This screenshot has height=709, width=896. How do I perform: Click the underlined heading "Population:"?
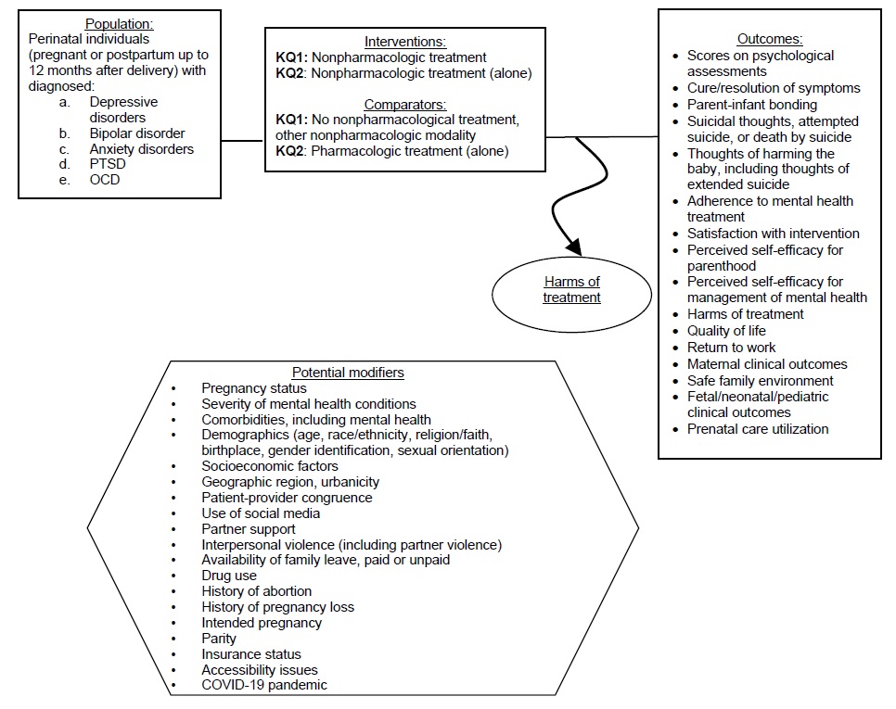(x=119, y=24)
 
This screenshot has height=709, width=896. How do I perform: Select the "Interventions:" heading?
(x=404, y=42)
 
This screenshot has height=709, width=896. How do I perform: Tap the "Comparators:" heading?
(x=404, y=105)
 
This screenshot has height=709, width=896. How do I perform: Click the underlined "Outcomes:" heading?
(x=769, y=39)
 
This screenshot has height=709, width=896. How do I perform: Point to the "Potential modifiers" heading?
(x=348, y=373)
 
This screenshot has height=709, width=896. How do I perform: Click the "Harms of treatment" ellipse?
(x=571, y=290)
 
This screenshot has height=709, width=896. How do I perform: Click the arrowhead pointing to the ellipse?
(x=574, y=247)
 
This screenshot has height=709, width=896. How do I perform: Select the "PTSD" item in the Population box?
(x=108, y=164)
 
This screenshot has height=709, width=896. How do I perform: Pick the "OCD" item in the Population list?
(x=105, y=180)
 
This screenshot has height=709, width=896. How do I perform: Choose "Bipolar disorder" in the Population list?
(x=136, y=133)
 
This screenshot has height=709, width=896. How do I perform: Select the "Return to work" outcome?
(x=731, y=348)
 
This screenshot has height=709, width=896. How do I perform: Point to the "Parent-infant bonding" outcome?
(x=751, y=105)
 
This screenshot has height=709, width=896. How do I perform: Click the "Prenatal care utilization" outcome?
(x=757, y=429)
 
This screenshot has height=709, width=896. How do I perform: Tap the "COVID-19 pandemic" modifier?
(x=263, y=685)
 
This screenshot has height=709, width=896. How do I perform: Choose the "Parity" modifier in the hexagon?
(x=219, y=638)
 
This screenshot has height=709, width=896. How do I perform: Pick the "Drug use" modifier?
(x=229, y=576)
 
